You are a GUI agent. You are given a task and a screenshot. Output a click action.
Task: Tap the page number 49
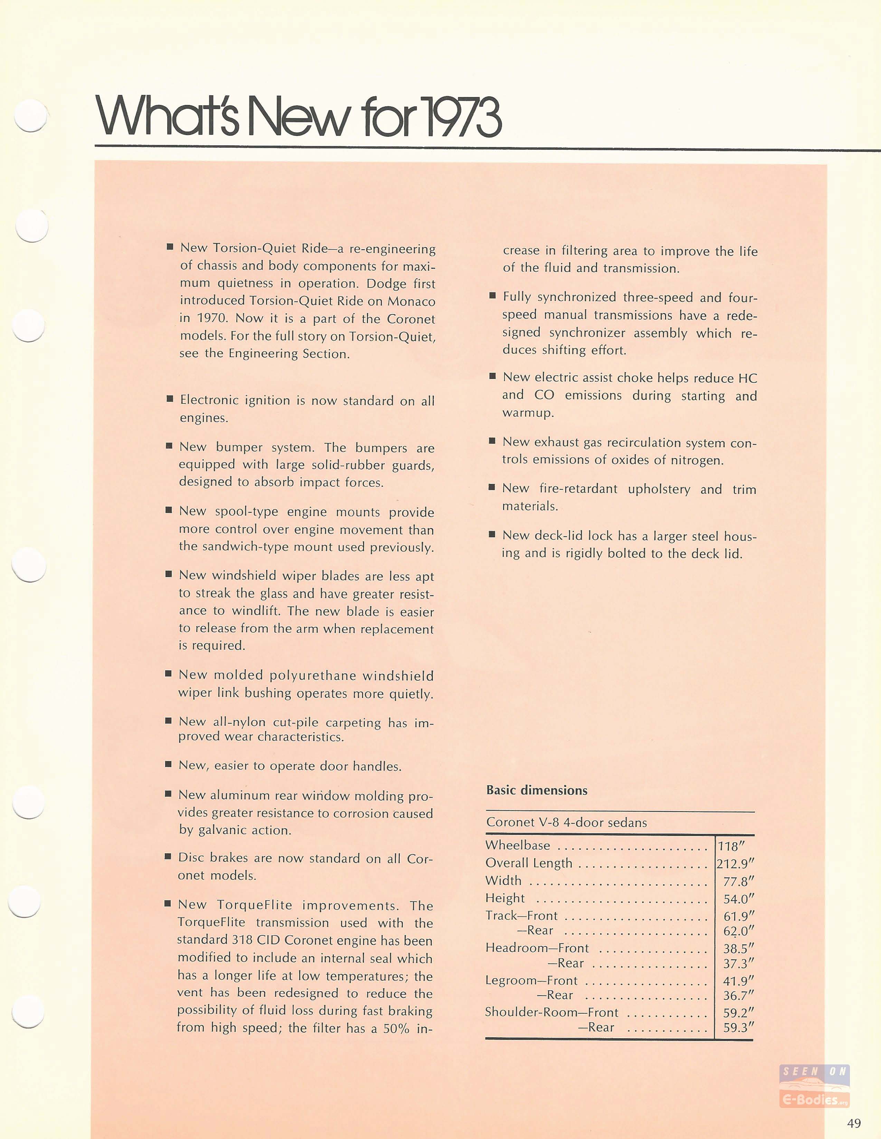pos(854,1123)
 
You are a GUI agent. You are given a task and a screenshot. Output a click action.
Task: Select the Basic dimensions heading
pos(537,790)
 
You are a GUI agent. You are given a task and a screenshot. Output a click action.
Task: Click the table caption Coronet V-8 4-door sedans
pos(566,822)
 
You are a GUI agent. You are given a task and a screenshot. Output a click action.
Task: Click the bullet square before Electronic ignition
pos(170,399)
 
